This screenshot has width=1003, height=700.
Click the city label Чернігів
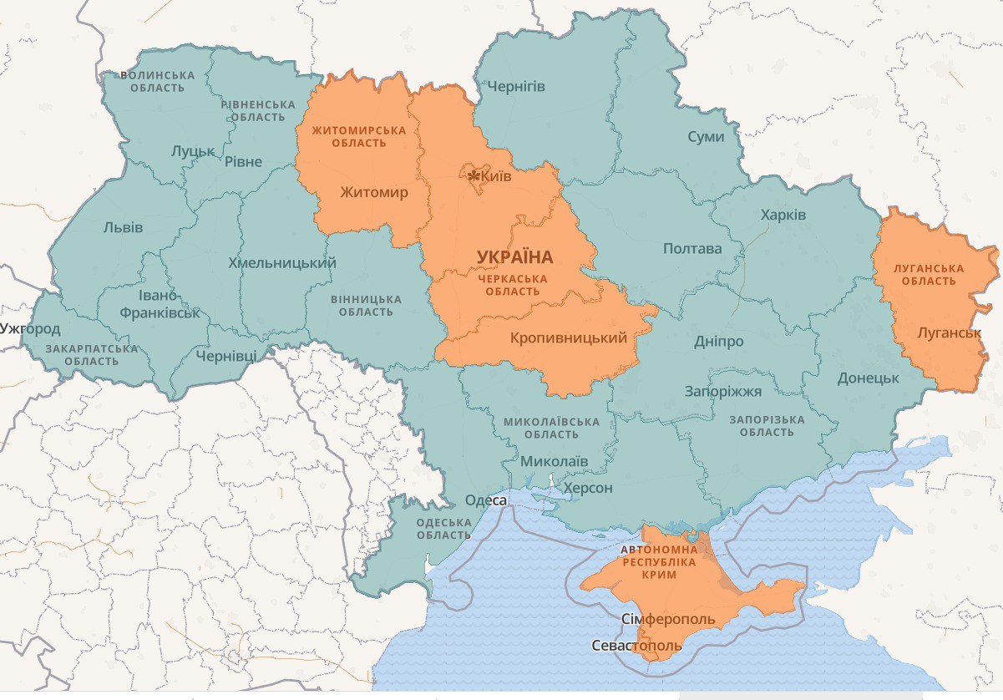tap(517, 87)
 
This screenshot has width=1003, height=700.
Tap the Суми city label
tap(706, 137)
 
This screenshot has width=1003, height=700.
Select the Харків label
tap(783, 216)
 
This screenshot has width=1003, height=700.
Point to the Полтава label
tap(691, 249)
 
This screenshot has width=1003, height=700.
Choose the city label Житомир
tap(374, 193)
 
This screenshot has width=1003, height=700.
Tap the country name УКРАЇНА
tap(515, 256)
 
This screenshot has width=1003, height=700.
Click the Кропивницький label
tap(568, 338)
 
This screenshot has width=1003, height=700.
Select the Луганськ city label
tap(949, 333)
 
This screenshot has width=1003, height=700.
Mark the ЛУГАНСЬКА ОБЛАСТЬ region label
tap(929, 275)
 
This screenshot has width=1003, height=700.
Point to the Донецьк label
tap(868, 378)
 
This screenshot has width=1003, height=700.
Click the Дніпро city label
tap(718, 342)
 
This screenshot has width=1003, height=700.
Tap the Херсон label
tap(588, 488)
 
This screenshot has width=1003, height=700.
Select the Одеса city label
tap(485, 500)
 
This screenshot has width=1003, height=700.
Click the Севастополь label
tap(636, 646)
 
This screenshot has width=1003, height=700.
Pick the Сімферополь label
tap(668, 619)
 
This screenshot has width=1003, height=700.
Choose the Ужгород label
tap(30, 328)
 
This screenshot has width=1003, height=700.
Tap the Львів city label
tap(123, 227)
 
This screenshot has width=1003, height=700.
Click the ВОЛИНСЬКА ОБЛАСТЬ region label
tap(157, 82)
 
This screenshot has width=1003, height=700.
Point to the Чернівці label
tap(225, 356)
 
